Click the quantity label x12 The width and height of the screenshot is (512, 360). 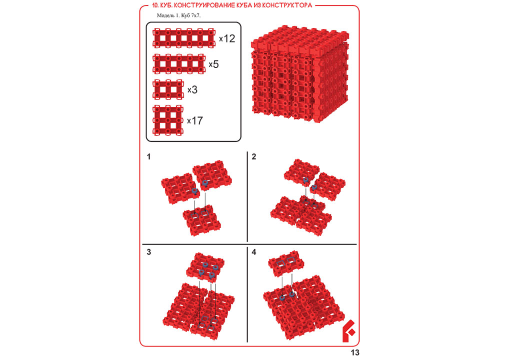[x=227, y=38]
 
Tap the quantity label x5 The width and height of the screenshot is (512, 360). [x=213, y=64]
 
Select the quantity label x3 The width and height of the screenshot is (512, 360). [x=192, y=89]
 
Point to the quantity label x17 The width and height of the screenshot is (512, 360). [x=195, y=121]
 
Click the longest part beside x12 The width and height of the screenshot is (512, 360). [x=184, y=38]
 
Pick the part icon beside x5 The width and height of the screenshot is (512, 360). [x=179, y=64]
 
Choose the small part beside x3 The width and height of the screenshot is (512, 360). [x=168, y=89]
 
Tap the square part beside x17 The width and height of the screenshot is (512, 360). [x=168, y=120]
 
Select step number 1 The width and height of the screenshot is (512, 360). [x=149, y=157]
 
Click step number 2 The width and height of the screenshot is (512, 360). [x=253, y=157]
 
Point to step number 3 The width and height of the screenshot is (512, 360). [x=149, y=252]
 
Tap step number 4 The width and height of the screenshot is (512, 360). [x=254, y=252]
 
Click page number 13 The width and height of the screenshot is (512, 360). [x=355, y=353]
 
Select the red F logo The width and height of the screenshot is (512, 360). [x=348, y=331]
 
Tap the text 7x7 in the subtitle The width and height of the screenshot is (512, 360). [x=195, y=15]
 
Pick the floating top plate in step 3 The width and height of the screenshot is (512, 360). [x=205, y=268]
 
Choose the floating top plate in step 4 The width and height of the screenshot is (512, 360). [x=286, y=263]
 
